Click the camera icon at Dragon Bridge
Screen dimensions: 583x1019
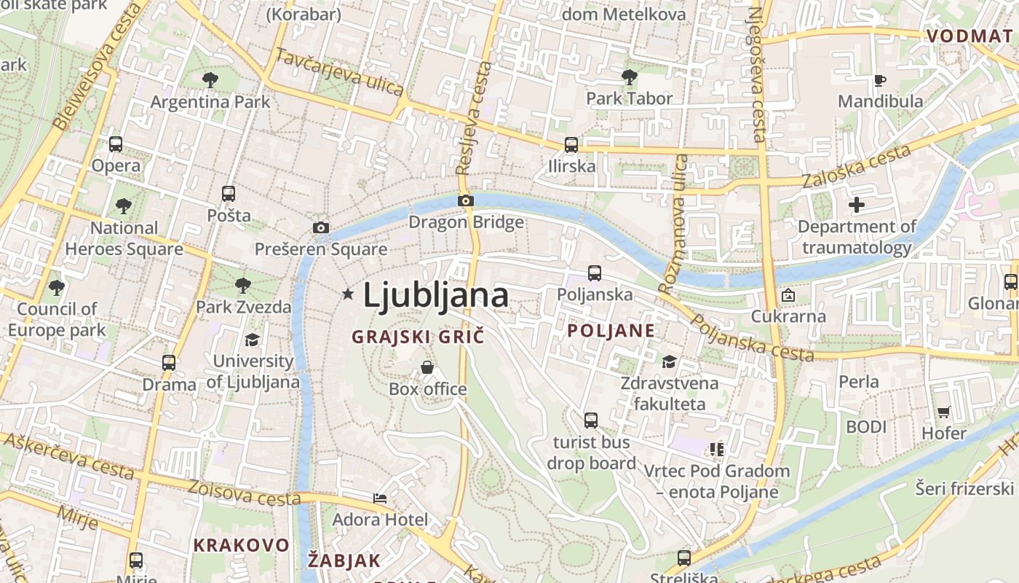click(x=466, y=200)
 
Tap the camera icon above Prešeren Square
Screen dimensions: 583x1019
click(x=320, y=227)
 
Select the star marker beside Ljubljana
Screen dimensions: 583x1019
click(x=348, y=294)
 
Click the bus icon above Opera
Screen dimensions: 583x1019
click(x=116, y=144)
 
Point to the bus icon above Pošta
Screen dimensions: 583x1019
click(x=229, y=194)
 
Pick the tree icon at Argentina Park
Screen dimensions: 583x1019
click(x=210, y=79)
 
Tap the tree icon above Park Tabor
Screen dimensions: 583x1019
click(x=630, y=77)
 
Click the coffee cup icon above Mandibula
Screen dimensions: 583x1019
click(x=880, y=80)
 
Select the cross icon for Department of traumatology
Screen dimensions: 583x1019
click(x=857, y=205)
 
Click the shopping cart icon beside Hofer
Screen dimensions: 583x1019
click(x=944, y=412)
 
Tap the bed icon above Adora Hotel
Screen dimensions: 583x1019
click(x=380, y=498)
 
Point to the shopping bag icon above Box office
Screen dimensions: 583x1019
click(x=427, y=367)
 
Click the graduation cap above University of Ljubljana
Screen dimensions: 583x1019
click(x=252, y=340)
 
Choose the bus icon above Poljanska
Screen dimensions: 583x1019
click(x=595, y=273)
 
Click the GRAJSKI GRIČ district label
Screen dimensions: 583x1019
click(x=418, y=337)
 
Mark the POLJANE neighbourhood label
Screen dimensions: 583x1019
click(x=611, y=330)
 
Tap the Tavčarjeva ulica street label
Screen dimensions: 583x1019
click(x=339, y=72)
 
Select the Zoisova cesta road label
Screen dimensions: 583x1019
click(x=245, y=493)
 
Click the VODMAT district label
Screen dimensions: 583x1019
click(x=969, y=36)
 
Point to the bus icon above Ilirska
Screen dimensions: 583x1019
click(x=571, y=144)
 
